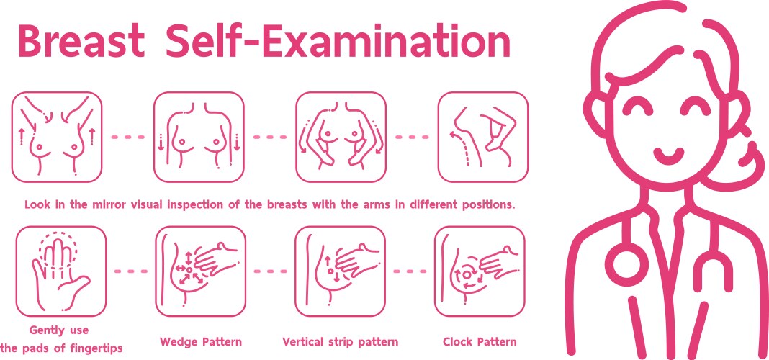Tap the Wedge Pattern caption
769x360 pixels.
click(x=200, y=341)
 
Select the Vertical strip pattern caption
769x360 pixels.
click(x=340, y=341)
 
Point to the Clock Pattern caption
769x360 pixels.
click(x=480, y=341)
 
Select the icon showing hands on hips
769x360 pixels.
click(x=341, y=137)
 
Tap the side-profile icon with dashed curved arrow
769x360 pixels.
click(x=482, y=137)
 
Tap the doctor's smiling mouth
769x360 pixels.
click(x=668, y=153)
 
